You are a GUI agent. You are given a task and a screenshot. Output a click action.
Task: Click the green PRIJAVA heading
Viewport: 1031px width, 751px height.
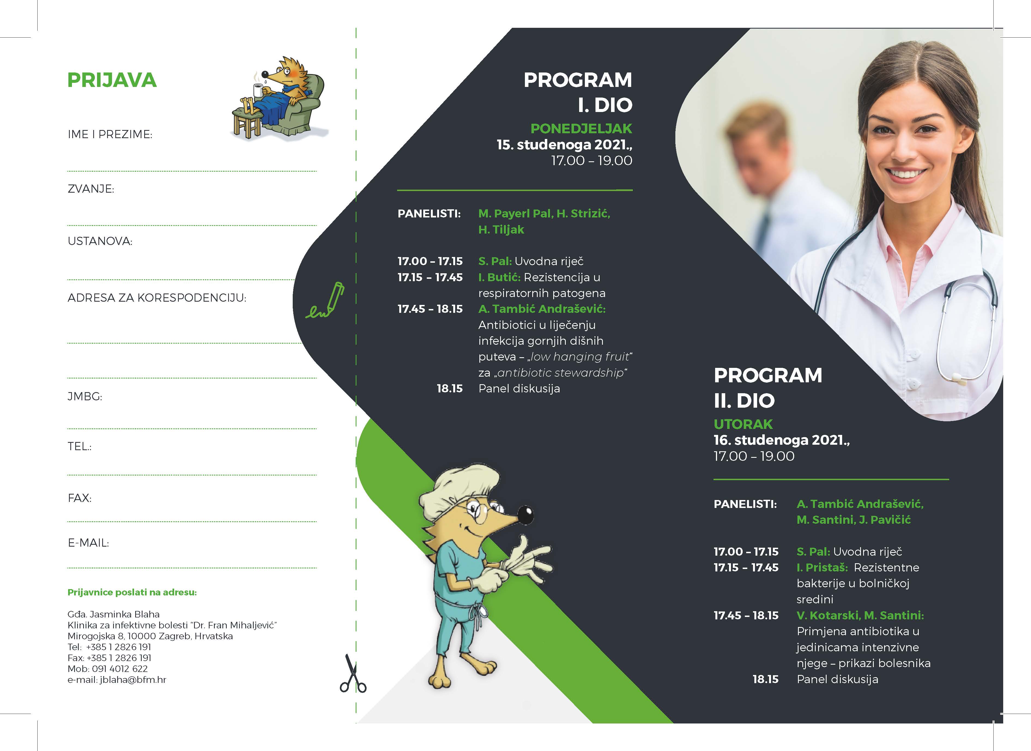tap(112, 80)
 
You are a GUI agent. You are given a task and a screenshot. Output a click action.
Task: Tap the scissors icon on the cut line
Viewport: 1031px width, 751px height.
tap(352, 675)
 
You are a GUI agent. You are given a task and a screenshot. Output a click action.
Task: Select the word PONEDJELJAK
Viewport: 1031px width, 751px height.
tap(581, 129)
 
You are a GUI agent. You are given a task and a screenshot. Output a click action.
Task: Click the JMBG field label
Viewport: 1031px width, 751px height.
tap(84, 396)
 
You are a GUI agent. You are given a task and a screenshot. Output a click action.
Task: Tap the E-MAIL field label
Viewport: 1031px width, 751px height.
tap(88, 543)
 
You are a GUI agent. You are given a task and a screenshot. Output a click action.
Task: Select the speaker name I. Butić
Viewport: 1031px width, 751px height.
tap(499, 277)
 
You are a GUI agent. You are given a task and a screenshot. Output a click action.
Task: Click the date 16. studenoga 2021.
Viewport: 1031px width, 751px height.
tap(781, 440)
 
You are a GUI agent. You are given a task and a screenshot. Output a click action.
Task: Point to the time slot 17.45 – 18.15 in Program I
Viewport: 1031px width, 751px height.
tap(430, 309)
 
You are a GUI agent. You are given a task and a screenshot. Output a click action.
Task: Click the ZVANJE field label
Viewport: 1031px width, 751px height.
tap(90, 189)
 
